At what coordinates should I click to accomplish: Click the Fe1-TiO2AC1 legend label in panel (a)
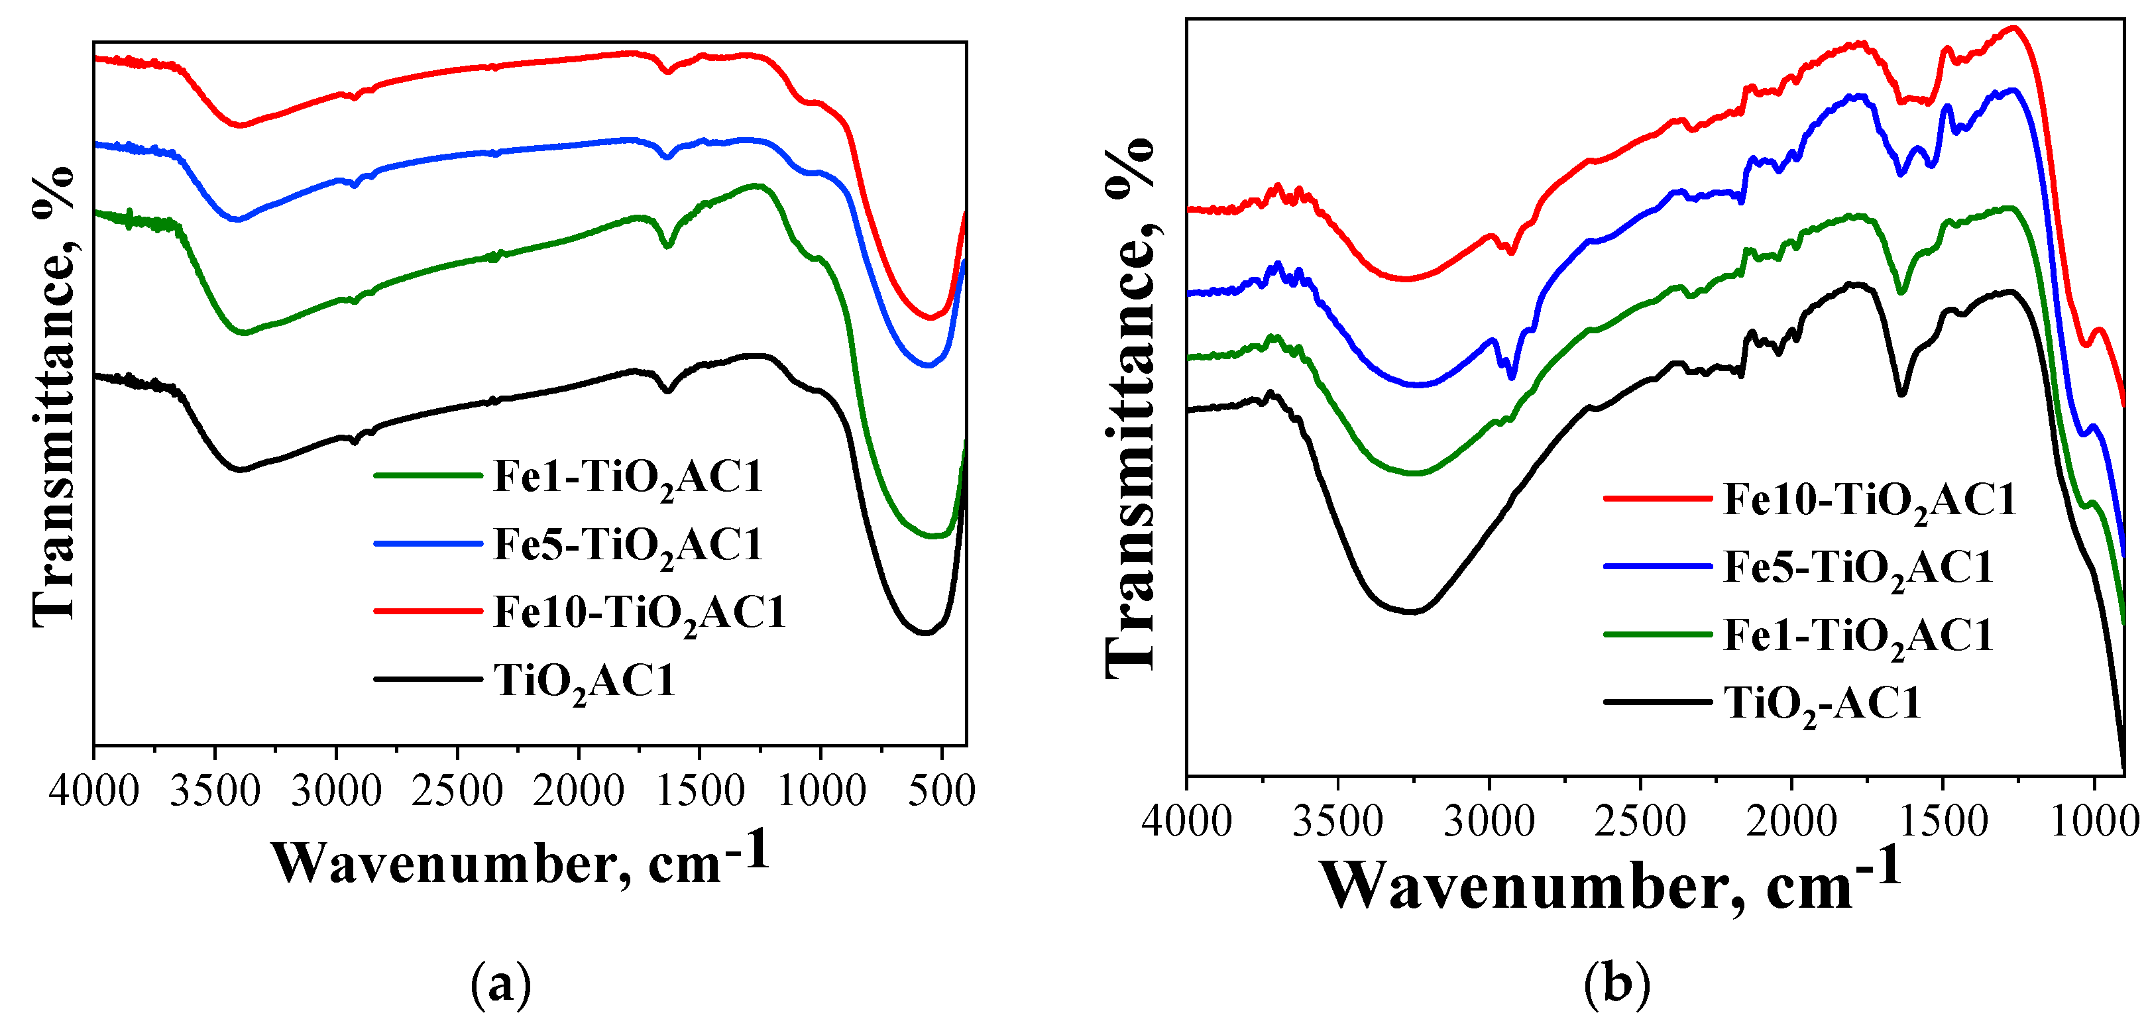click(628, 478)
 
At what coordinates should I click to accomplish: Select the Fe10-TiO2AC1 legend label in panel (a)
click(639, 613)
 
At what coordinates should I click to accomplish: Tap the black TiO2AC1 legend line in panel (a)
click(428, 678)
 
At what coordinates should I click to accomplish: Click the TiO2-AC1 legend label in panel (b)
click(1822, 704)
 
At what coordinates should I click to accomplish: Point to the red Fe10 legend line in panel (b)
click(1657, 498)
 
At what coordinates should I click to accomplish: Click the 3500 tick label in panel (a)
click(215, 790)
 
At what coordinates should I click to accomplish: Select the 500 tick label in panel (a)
click(941, 790)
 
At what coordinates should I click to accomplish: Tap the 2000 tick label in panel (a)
click(578, 790)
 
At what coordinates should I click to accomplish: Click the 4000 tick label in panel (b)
click(1186, 820)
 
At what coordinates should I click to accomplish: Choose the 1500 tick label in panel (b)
click(1942, 820)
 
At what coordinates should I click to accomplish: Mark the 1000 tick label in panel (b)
click(2094, 820)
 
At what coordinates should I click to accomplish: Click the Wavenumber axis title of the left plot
click(521, 862)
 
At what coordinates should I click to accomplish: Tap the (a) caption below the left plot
click(500, 985)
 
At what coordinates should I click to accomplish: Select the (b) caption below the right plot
click(1616, 985)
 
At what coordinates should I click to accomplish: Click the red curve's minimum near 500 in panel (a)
click(931, 318)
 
